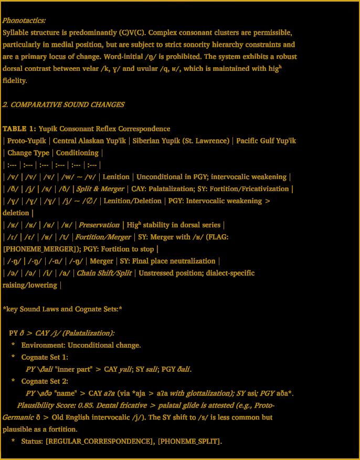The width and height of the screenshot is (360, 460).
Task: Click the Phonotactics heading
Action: point(24,20)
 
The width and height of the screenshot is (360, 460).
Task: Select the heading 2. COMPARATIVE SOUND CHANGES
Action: point(63,104)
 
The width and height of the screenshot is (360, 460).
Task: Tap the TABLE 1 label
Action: point(19,129)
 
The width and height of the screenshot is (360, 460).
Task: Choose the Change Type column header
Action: point(27,153)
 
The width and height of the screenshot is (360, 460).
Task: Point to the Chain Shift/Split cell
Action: point(101,273)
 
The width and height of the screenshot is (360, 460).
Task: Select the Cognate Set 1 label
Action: point(45,357)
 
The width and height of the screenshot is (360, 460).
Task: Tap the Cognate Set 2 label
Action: point(45,381)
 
